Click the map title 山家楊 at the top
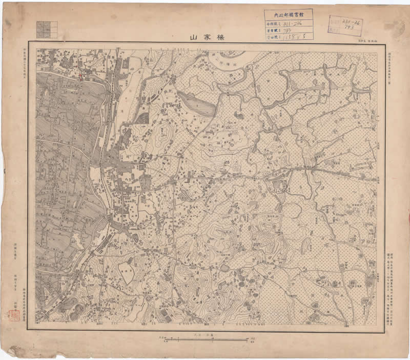pyautogui.click(x=205, y=37)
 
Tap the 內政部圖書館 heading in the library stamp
pyautogui.click(x=289, y=16)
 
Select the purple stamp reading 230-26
pyautogui.click(x=345, y=25)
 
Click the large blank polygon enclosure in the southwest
pyautogui.click(x=126, y=269)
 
